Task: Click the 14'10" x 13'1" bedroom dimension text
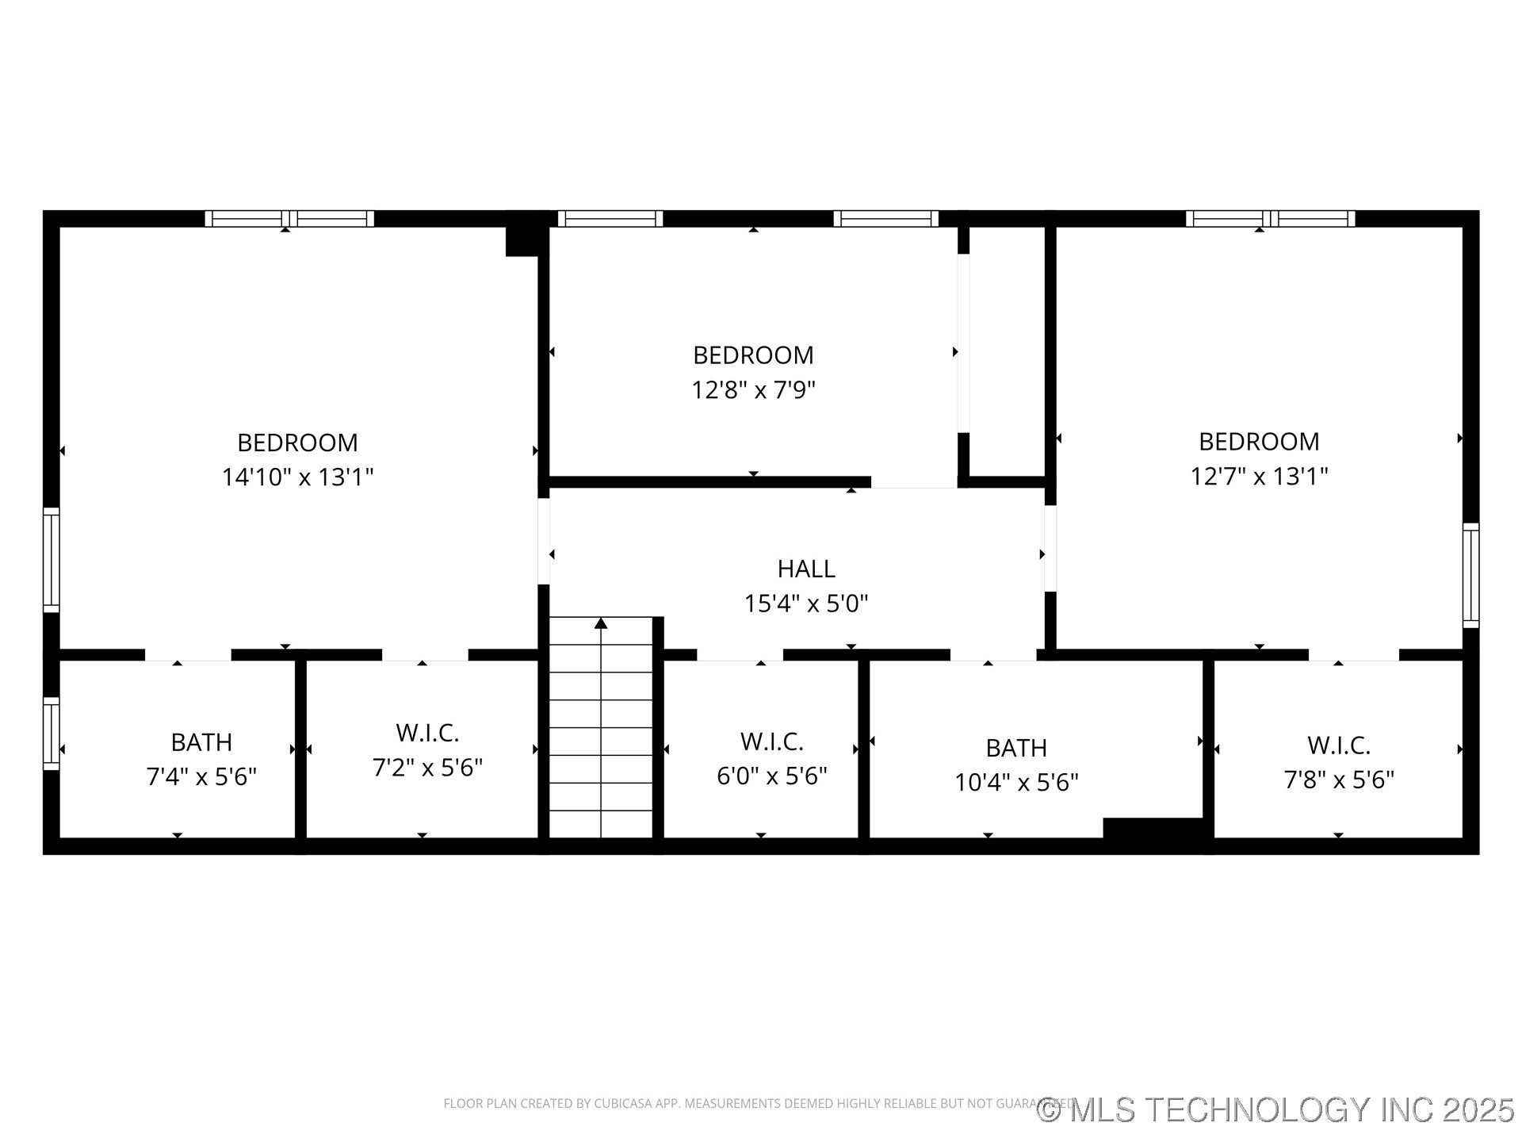(297, 477)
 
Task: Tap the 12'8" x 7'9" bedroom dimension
(753, 390)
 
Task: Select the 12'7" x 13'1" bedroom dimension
(1259, 477)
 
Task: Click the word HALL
(806, 569)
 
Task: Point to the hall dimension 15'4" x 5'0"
(806, 604)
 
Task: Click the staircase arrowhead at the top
(601, 623)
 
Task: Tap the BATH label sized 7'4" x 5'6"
(201, 742)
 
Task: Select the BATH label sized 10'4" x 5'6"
(1016, 748)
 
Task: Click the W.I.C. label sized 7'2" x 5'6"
(427, 733)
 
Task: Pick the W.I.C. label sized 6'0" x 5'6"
(772, 742)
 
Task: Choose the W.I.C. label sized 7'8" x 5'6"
(1339, 745)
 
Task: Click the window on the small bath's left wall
(51, 734)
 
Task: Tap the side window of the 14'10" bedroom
(51, 560)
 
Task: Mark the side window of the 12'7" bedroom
(1470, 575)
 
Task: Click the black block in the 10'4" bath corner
(1153, 828)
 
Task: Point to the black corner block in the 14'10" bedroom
(522, 241)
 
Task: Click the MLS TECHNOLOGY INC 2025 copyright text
(1276, 1109)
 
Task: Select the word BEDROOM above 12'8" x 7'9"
(753, 355)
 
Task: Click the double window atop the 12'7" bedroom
(1270, 219)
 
